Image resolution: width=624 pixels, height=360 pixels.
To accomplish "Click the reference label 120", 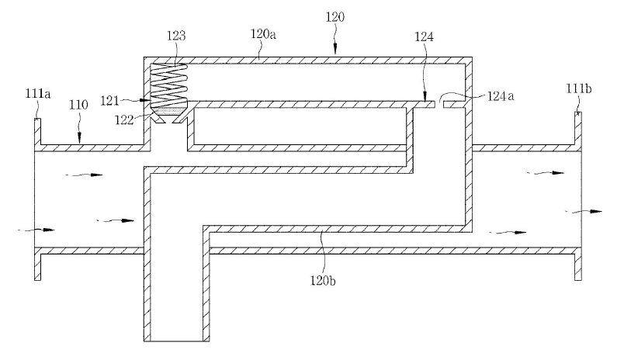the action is [335, 17].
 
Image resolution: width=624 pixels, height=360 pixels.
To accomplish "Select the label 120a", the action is [263, 34].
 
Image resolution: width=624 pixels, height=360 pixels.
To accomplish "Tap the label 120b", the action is [323, 281].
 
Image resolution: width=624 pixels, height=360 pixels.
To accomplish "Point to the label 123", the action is [176, 36].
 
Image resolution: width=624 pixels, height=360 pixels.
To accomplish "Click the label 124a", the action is [501, 96].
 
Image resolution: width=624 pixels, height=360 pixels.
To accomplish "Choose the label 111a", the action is [38, 94].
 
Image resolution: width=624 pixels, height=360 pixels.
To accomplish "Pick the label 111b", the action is [579, 88].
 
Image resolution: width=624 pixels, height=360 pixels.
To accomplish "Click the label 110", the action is [78, 105].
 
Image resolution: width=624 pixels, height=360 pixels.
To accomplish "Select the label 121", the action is [109, 100].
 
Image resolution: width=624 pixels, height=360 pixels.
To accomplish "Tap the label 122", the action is [124, 119].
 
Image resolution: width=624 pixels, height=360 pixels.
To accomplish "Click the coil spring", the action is [168, 85].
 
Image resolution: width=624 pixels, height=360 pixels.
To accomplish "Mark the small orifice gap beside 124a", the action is [439, 104].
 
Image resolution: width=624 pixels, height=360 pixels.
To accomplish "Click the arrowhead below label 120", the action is [335, 50].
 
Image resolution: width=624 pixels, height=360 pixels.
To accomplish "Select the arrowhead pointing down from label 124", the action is [425, 97].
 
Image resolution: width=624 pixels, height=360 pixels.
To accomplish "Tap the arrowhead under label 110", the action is [79, 139].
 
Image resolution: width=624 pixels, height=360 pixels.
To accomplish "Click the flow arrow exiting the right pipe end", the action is [584, 212].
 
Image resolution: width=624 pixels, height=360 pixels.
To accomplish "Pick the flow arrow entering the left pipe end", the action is [36, 230].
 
